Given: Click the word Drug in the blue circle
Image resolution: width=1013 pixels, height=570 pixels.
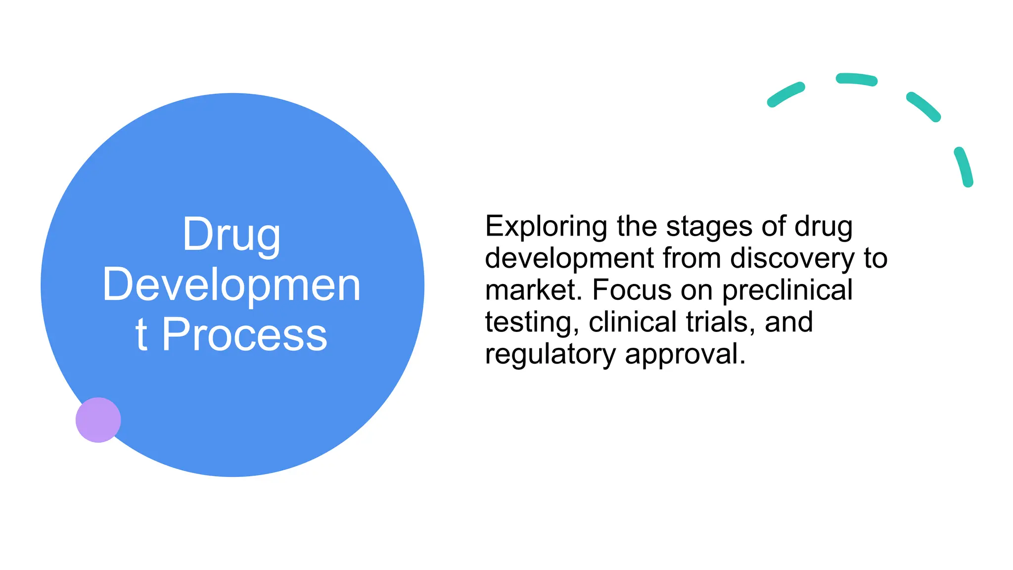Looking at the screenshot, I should coord(231,235).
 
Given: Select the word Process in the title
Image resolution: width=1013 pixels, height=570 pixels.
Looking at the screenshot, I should coord(244,335).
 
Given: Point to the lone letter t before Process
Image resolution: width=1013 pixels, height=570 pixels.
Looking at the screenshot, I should coord(141,335).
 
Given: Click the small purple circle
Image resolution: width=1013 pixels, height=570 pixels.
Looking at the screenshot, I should coord(98,420).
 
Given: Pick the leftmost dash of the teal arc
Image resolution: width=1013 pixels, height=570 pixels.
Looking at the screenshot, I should coord(785,95).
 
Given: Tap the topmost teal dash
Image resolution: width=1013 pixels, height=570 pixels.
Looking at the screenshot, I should coord(856,80).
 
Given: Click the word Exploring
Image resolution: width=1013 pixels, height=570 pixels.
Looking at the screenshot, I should coord(546,227).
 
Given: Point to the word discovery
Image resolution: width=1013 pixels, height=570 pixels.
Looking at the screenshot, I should coord(792,259).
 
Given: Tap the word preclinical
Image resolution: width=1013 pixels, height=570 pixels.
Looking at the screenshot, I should coord(787,290).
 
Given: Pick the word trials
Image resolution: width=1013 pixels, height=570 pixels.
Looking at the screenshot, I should coord(720,323).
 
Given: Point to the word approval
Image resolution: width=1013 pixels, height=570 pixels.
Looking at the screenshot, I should coord(685,355).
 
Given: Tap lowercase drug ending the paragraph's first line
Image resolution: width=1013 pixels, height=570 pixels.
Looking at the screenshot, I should coord(823,227).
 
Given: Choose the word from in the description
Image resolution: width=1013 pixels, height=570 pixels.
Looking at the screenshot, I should coord(691,259).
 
